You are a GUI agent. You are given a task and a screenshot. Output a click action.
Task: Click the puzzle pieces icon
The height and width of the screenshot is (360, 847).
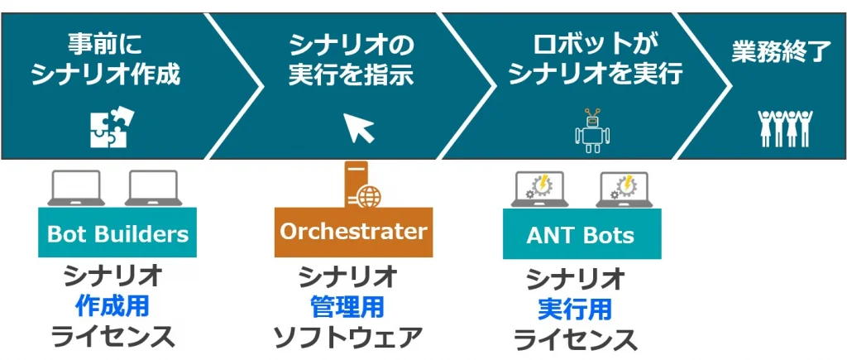(108, 127)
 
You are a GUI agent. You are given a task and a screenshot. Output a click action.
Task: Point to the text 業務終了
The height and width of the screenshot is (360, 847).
(780, 51)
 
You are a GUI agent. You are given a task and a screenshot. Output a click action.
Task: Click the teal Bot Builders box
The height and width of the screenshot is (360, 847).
(117, 233)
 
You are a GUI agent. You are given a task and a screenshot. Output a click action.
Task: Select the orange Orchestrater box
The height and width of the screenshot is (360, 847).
(353, 231)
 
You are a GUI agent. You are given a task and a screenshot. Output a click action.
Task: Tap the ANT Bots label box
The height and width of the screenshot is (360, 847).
(581, 234)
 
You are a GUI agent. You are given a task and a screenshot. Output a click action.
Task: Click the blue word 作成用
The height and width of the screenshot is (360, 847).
(112, 306)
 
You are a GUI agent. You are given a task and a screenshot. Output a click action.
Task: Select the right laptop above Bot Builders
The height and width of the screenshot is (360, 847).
(151, 188)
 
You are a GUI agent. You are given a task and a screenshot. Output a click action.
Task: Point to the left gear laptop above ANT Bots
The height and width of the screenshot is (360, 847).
(540, 190)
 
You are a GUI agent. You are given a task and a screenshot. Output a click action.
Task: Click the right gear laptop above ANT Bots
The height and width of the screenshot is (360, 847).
(625, 190)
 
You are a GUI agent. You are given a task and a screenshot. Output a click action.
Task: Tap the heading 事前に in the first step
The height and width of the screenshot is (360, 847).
(105, 43)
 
